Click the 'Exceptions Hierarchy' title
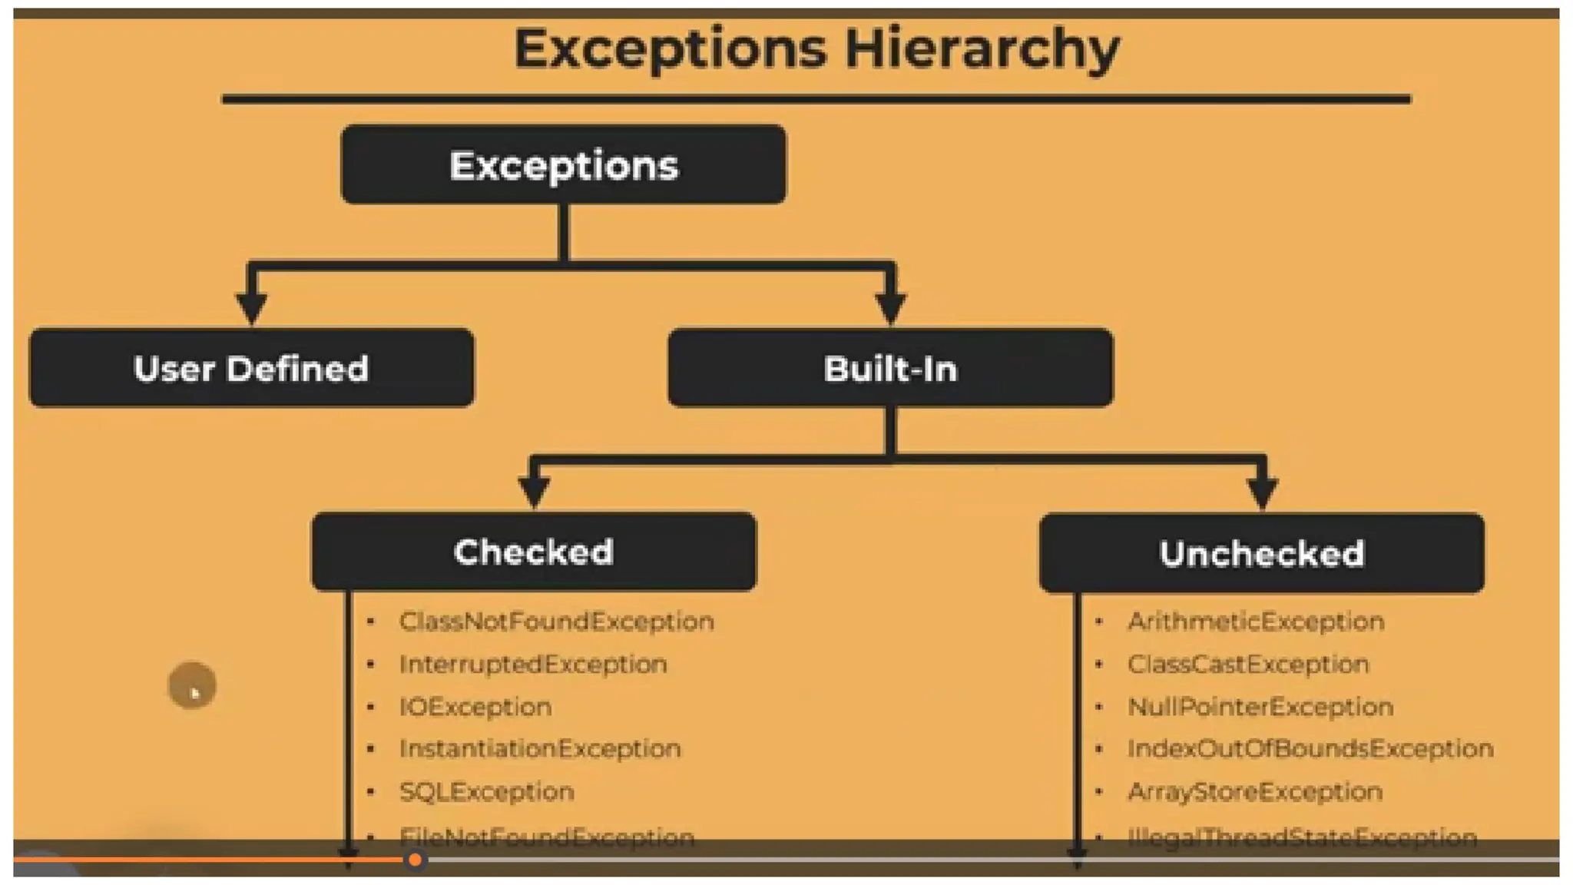(x=816, y=49)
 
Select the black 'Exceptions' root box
(x=564, y=164)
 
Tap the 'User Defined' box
(x=251, y=368)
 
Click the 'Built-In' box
(x=890, y=368)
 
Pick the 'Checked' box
(x=534, y=552)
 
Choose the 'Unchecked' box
(x=1261, y=553)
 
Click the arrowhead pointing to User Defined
(x=251, y=307)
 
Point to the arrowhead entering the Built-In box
(x=890, y=307)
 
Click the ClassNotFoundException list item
(x=556, y=621)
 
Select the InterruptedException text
(x=533, y=664)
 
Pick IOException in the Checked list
(x=475, y=707)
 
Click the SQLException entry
(x=486, y=791)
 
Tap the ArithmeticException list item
(x=1256, y=621)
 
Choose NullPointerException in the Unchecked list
(x=1260, y=707)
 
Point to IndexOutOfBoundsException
(x=1310, y=748)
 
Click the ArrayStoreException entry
(x=1255, y=791)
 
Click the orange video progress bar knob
(x=415, y=860)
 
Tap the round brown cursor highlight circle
(x=192, y=684)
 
